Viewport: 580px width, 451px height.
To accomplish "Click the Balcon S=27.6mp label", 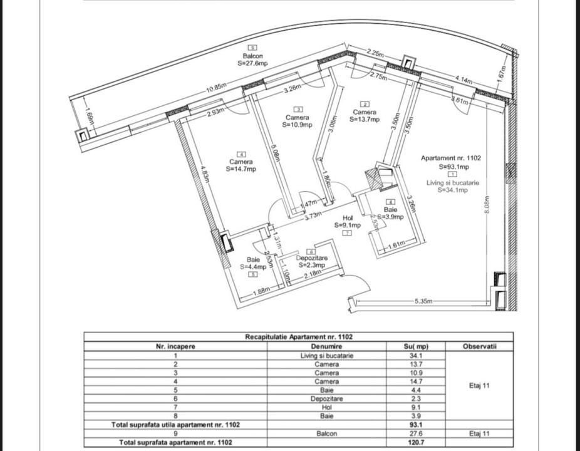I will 253,60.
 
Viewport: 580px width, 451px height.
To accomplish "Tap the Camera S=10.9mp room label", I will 297,121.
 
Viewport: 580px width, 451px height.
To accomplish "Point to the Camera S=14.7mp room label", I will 241,165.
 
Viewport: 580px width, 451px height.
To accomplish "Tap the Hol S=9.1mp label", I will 348,222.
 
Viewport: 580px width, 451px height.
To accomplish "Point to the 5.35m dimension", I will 423,301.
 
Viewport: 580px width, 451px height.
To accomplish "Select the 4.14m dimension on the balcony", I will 464,78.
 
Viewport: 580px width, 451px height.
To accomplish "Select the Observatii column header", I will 479,346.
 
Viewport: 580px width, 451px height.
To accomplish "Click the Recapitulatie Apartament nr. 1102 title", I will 299,336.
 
